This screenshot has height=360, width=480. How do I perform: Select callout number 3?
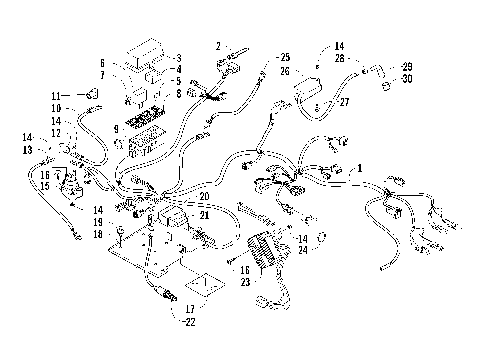click(178, 58)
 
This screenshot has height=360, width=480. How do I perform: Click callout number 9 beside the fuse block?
click(117, 129)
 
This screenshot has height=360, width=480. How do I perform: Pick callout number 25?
click(285, 57)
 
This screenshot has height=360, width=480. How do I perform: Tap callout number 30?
click(407, 79)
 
